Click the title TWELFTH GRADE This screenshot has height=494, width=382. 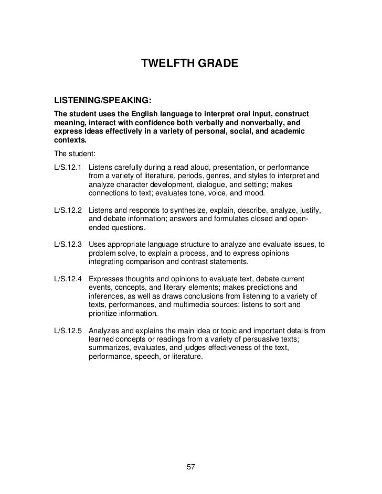(190, 64)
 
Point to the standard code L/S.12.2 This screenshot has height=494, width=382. (69, 210)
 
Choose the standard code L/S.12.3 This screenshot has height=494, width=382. (69, 245)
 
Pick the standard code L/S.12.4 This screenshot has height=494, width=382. (69, 279)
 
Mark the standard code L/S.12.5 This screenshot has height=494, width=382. (69, 331)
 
